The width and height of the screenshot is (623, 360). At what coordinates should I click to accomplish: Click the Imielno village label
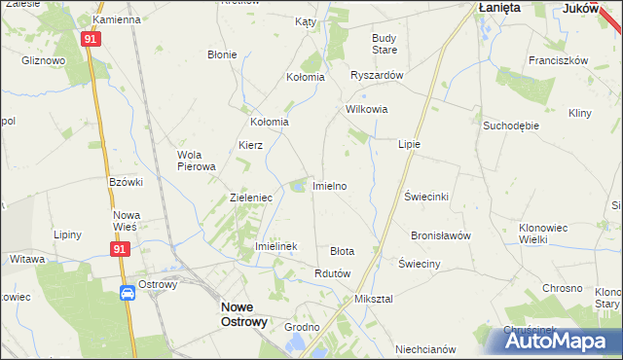[329, 185]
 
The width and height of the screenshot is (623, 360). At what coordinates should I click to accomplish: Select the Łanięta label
[499, 7]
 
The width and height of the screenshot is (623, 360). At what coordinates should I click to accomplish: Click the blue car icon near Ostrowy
[128, 294]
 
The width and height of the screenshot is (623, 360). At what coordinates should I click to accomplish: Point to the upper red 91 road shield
[90, 39]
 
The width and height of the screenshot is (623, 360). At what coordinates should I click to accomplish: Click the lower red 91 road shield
[119, 249]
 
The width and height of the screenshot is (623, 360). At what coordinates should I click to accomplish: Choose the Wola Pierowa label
[196, 160]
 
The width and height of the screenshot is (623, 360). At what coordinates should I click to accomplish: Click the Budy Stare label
[385, 44]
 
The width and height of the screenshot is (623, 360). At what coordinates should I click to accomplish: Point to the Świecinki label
[425, 196]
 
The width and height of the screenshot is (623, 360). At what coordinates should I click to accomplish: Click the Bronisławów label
[440, 235]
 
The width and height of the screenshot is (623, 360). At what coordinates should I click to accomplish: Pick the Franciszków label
[558, 59]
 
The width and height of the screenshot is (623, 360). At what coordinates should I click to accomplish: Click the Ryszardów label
[376, 76]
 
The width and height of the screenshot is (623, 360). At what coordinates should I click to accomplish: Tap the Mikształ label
[374, 299]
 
